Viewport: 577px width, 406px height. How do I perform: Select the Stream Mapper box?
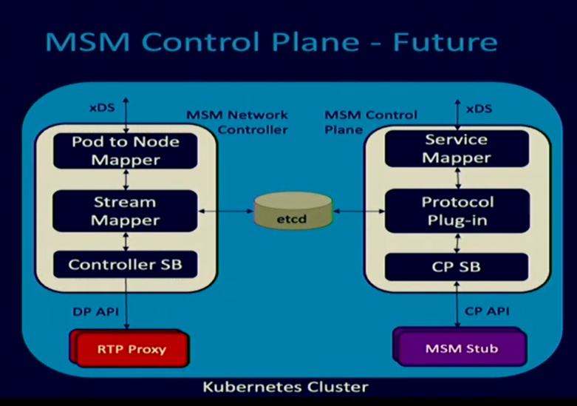(126, 210)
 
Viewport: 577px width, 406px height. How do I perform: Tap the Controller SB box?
(126, 264)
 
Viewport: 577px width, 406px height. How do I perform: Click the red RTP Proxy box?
(127, 348)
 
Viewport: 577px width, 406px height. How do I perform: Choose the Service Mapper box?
(456, 149)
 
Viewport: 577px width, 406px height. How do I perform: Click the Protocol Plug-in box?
(456, 210)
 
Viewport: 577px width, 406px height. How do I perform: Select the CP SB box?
(456, 265)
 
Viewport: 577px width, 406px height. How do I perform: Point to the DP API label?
(95, 311)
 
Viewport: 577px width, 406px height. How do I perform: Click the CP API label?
(487, 311)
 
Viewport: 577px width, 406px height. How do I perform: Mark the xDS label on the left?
(102, 107)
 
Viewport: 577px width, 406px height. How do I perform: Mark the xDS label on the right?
(479, 108)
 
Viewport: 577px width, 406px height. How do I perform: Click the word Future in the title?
(445, 41)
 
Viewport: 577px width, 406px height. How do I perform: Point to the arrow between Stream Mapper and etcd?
(226, 212)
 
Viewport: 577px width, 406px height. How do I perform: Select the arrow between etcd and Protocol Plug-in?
(358, 212)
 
